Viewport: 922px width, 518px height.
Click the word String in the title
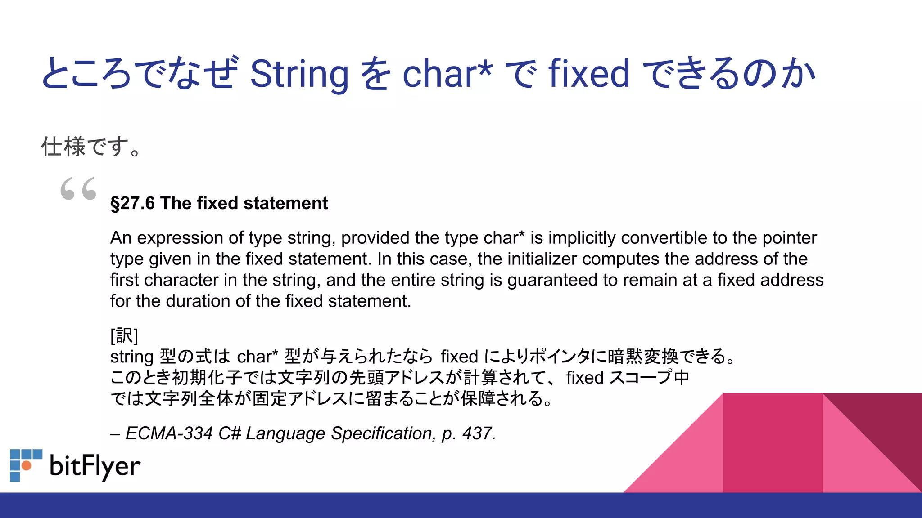(x=299, y=74)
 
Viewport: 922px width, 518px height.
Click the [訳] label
(x=124, y=335)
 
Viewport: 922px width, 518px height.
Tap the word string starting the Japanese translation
(x=132, y=357)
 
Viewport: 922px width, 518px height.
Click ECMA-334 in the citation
(x=169, y=433)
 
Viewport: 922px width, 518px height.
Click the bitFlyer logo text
(x=95, y=466)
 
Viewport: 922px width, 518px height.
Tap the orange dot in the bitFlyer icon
(x=27, y=465)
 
